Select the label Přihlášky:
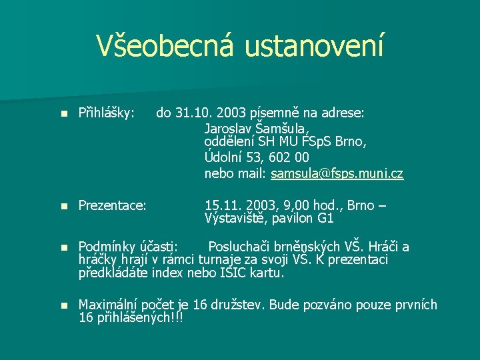[x=107, y=113]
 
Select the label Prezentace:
[x=112, y=205]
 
